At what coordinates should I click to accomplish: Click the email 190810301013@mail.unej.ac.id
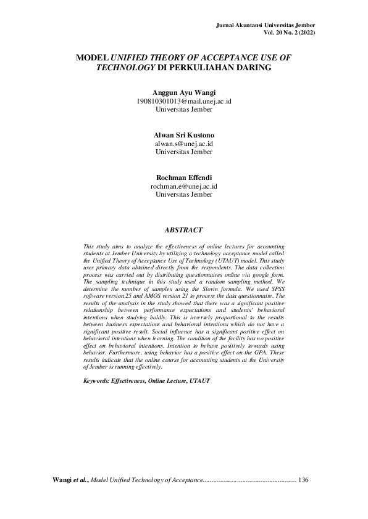pos(184,101)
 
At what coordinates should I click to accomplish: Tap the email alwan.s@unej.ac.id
pos(184,143)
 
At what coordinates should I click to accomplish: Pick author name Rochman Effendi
pos(184,178)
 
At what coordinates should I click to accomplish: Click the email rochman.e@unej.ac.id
pos(184,186)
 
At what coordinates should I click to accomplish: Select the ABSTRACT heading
pos(183,231)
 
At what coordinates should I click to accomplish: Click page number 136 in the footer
pos(303,479)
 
